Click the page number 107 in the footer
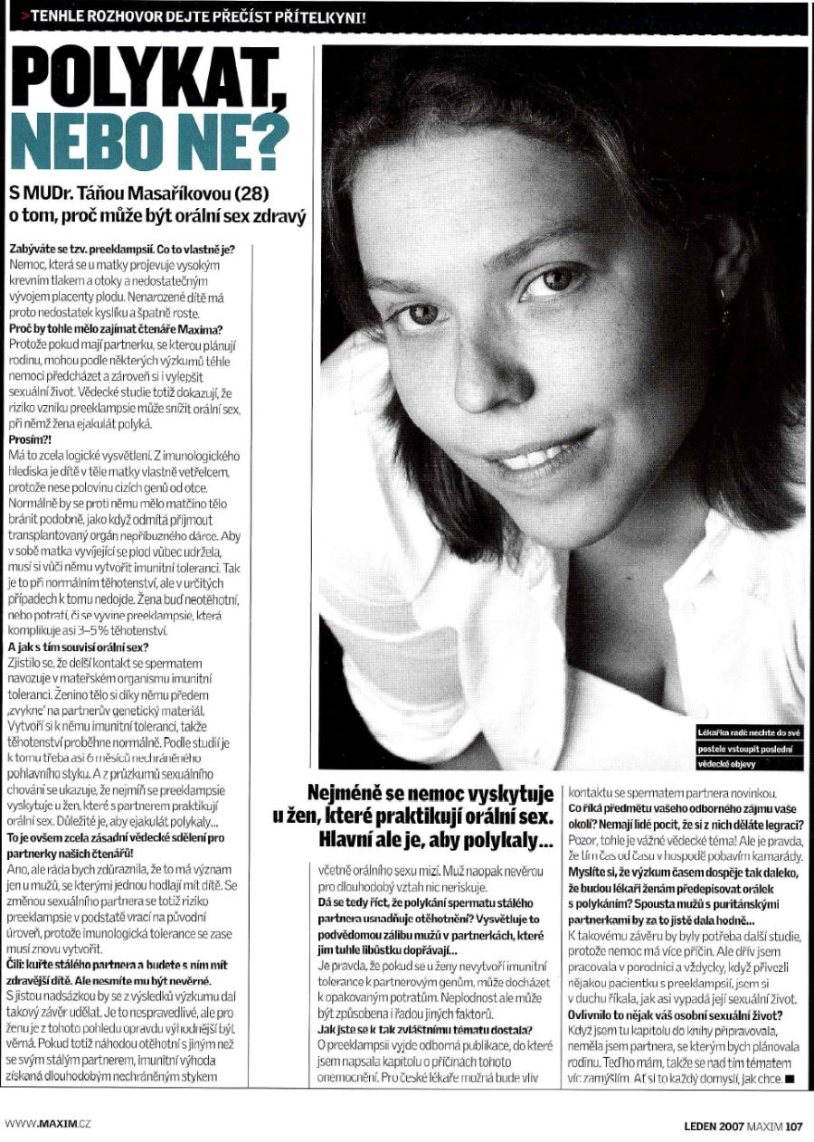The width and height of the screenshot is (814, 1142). pyautogui.click(x=794, y=1127)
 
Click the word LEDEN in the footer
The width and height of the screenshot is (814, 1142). pyautogui.click(x=700, y=1127)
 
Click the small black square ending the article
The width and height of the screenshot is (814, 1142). pyautogui.click(x=790, y=1079)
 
